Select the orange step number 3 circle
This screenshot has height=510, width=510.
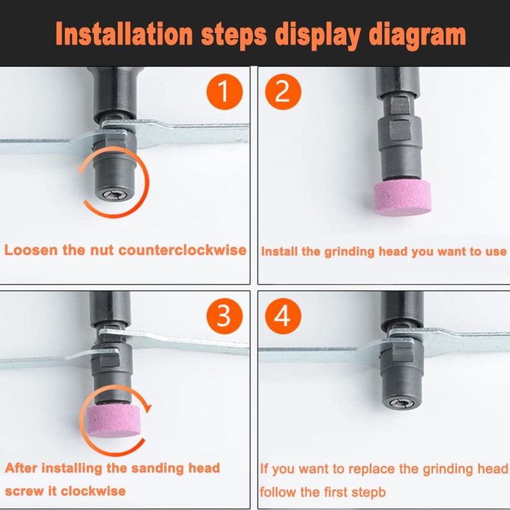(223, 314)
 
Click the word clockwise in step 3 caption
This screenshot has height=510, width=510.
(96, 491)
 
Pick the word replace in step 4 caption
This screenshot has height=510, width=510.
(363, 469)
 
